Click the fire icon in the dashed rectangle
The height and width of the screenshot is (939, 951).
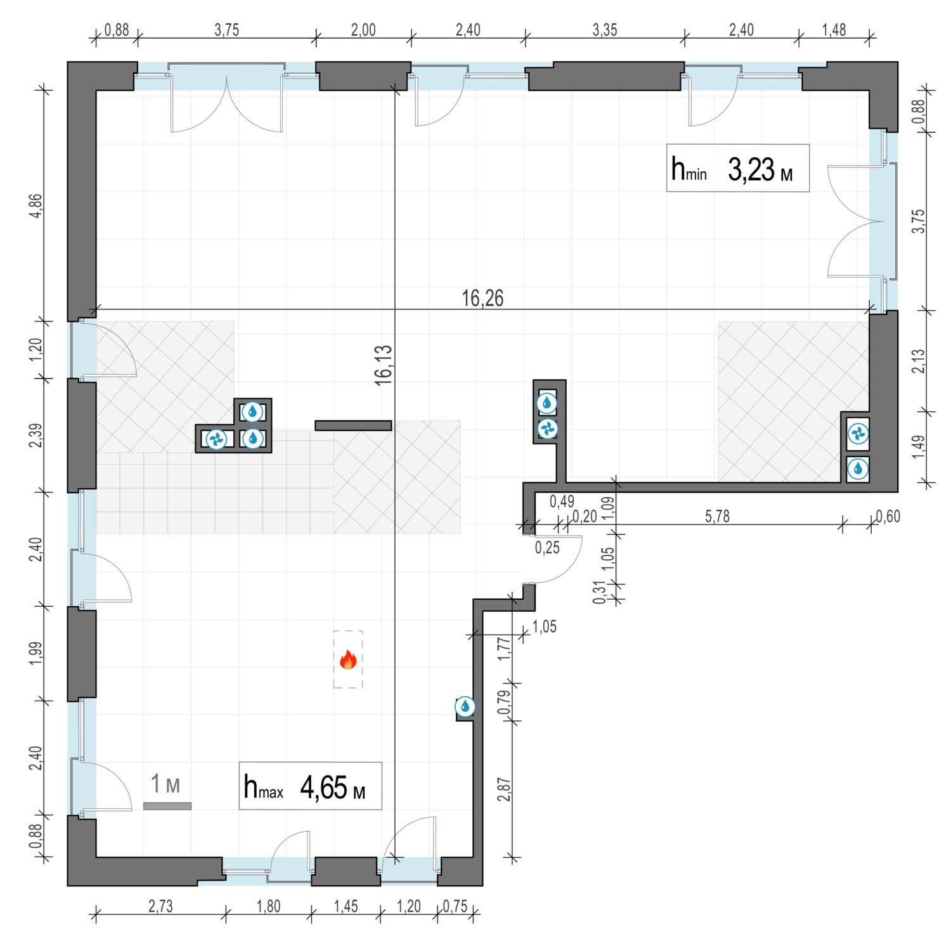(348, 660)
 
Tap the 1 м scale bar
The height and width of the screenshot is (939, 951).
(167, 806)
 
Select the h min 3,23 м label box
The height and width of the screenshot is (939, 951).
(738, 168)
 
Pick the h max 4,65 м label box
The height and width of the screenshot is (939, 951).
(310, 786)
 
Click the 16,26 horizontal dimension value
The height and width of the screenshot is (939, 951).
(482, 298)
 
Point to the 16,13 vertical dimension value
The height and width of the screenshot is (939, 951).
(383, 365)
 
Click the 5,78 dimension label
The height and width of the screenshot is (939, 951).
(717, 517)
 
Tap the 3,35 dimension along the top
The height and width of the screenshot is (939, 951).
(604, 30)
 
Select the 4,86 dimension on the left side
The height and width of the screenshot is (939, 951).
(36, 205)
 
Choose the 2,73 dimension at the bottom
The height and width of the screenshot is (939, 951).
(160, 907)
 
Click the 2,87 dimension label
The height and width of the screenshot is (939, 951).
(505, 789)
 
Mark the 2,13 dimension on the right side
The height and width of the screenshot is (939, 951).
(918, 361)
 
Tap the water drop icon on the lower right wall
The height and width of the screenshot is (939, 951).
(465, 706)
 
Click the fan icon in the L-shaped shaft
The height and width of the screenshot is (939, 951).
(216, 438)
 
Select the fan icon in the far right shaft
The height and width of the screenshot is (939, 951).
(858, 434)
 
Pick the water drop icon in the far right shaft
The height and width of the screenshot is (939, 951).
(858, 469)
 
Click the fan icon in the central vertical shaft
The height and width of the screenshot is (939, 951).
(547, 429)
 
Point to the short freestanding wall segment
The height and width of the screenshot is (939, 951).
(353, 425)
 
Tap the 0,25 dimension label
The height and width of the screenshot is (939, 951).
(547, 548)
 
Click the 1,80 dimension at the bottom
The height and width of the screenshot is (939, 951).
(268, 907)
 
